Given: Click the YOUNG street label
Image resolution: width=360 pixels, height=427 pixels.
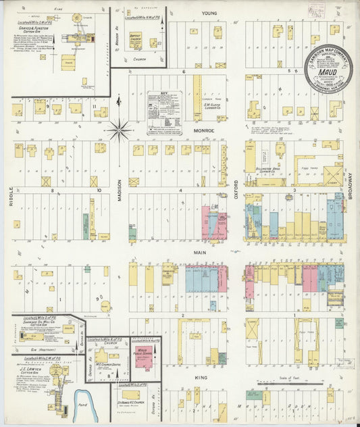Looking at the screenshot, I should point(208,13).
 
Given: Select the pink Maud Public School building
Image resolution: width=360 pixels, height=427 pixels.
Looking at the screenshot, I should point(144,358).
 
